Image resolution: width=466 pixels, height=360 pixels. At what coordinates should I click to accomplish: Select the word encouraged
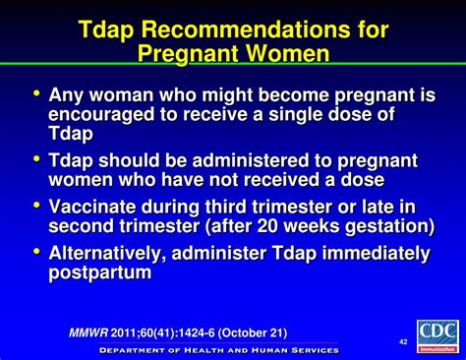tap(98, 115)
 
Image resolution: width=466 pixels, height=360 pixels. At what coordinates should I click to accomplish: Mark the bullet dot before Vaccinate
tap(37, 204)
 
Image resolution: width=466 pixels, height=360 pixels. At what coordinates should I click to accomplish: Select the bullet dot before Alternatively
tap(37, 251)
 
